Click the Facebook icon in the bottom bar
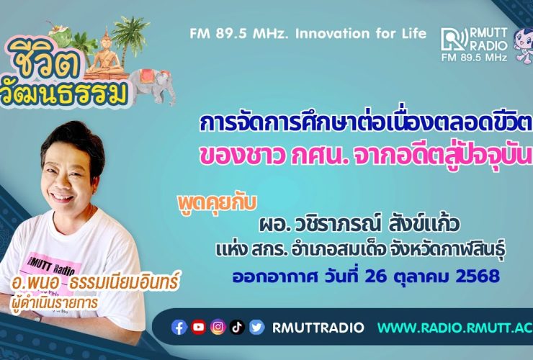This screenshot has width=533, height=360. point(179,328)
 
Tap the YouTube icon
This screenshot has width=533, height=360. point(199,328)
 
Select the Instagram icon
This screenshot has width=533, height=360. point(218,328)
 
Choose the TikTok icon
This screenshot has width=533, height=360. point(238,328)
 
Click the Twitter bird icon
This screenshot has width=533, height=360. point(257,328)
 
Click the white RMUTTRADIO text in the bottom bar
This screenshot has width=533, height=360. point(313,328)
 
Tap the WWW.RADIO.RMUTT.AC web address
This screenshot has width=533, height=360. point(454,328)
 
